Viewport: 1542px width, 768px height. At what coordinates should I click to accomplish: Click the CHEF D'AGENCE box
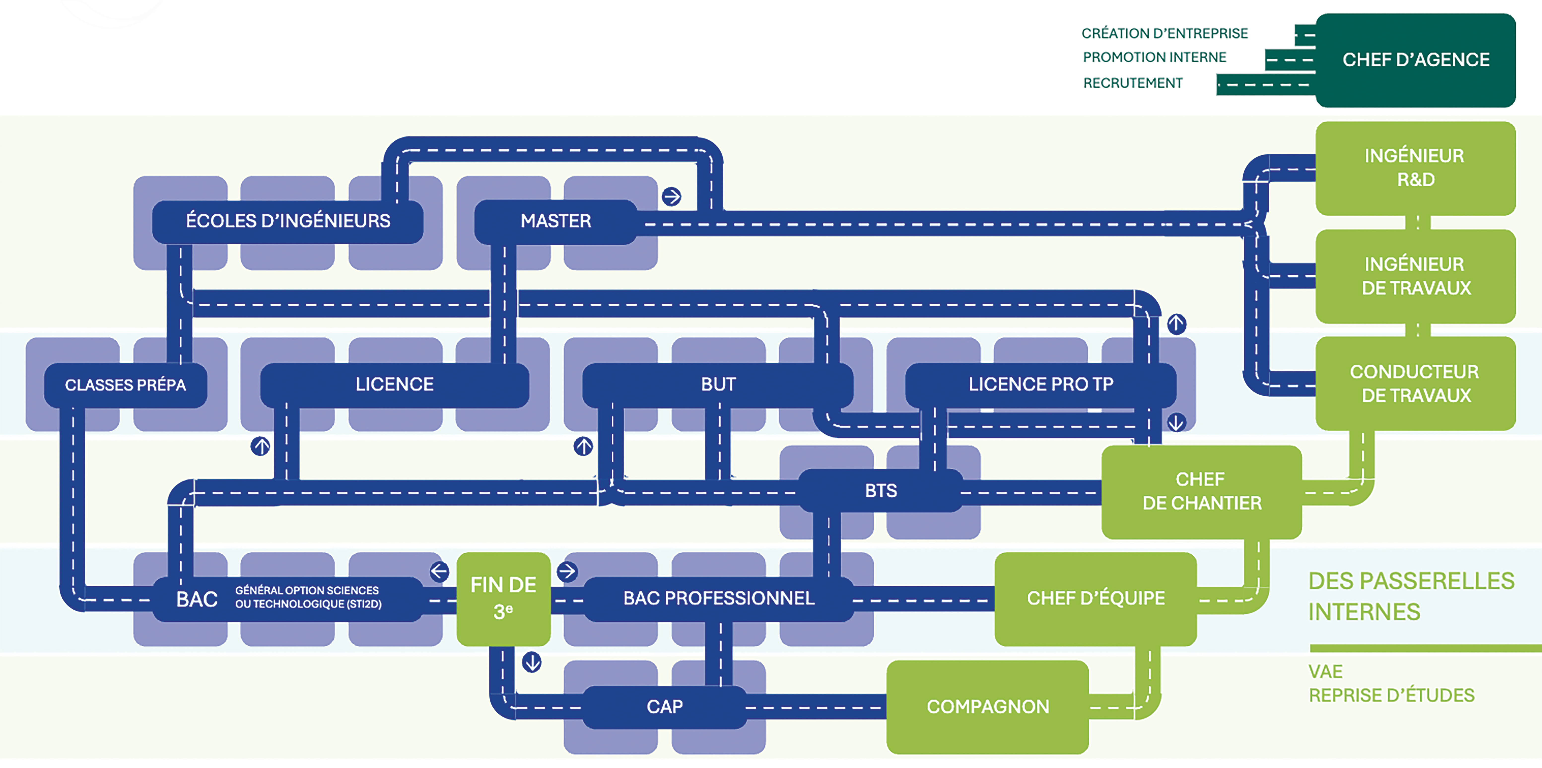pyautogui.click(x=1416, y=60)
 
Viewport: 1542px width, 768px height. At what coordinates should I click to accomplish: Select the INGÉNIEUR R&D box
pyautogui.click(x=1416, y=168)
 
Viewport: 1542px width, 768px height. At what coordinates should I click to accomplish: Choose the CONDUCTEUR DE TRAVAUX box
pyautogui.click(x=1416, y=384)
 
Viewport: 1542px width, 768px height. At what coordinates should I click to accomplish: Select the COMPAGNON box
pyautogui.click(x=988, y=707)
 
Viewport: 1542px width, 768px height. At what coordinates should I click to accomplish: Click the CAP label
pyautogui.click(x=664, y=707)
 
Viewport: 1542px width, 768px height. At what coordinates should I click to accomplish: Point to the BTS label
pyautogui.click(x=881, y=491)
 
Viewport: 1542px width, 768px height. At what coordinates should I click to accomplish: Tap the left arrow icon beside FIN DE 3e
pyautogui.click(x=439, y=571)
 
